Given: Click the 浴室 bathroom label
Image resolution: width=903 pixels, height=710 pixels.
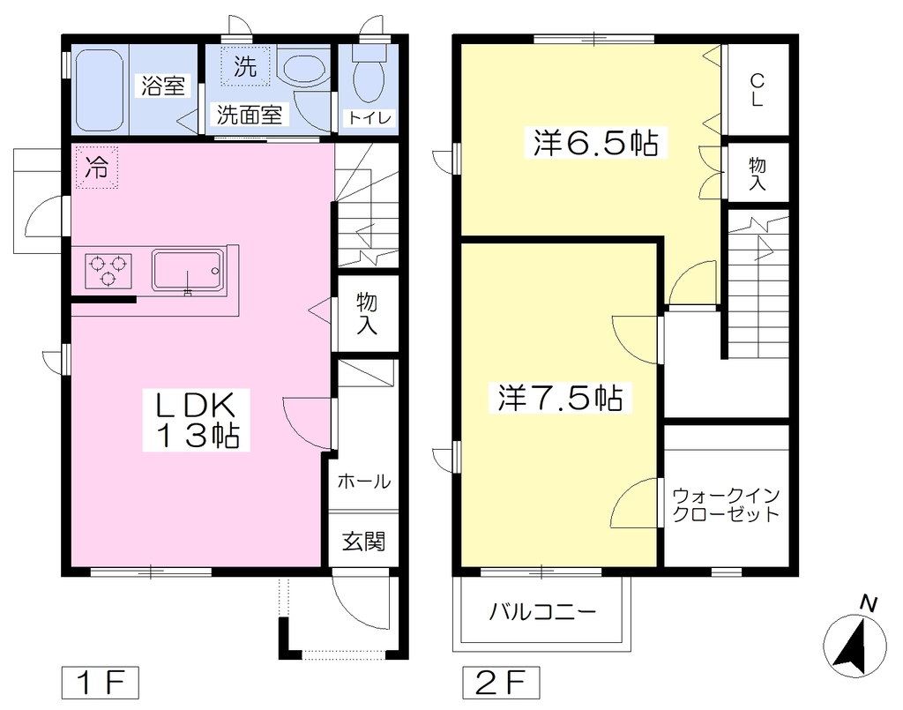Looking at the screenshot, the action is click(163, 86).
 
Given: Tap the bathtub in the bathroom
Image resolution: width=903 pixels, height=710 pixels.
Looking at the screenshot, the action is click(100, 91).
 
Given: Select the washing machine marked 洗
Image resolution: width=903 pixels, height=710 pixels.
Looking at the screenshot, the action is click(245, 67).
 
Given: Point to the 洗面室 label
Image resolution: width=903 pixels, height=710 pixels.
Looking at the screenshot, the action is click(250, 116).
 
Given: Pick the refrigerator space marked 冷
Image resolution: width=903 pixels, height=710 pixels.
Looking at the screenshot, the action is click(97, 168).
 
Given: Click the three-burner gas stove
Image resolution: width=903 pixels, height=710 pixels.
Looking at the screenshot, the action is click(108, 271).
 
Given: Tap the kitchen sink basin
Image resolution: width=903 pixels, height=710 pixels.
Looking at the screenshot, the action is click(188, 270).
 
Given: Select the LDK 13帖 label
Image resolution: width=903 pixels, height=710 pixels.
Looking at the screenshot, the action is click(196, 420).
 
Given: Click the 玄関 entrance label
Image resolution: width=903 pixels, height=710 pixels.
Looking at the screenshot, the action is click(363, 542).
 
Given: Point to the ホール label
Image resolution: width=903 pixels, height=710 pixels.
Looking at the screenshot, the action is click(364, 481).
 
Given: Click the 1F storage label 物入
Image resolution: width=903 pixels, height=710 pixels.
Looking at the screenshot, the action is click(367, 314).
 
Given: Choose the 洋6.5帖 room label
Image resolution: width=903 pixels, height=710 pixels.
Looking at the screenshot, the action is click(595, 143).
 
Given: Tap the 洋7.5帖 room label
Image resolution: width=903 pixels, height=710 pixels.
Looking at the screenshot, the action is click(560, 398).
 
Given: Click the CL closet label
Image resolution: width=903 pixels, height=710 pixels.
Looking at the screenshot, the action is click(757, 90).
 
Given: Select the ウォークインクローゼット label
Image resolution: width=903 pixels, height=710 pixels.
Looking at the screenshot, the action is click(726, 505).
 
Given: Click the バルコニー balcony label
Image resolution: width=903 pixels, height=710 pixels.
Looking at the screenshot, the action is click(542, 611).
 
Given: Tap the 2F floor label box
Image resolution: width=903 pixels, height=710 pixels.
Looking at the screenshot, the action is click(501, 683).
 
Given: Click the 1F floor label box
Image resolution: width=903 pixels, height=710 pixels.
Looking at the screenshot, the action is click(101, 683).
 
